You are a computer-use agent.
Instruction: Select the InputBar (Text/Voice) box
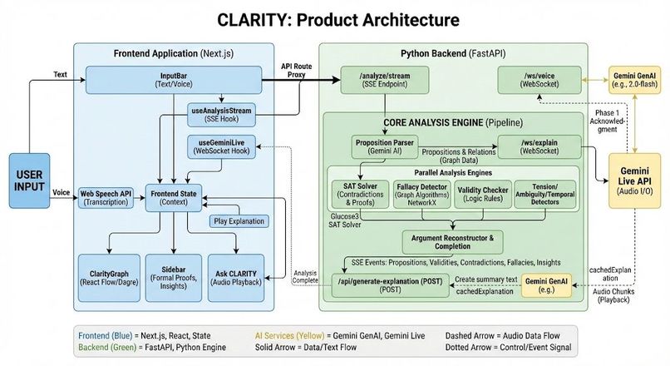point(172,80)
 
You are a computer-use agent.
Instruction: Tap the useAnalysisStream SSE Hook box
point(220,115)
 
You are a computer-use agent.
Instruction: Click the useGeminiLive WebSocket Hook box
point(220,146)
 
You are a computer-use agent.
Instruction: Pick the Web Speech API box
point(106,197)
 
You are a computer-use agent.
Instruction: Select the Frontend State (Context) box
point(174,197)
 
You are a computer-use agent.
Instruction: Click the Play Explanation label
point(239,221)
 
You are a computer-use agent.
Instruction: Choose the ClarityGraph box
point(108,277)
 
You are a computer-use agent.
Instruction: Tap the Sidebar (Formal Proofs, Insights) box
point(173,277)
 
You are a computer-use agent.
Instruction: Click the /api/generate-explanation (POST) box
point(391,284)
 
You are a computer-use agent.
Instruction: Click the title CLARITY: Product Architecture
point(333,20)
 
